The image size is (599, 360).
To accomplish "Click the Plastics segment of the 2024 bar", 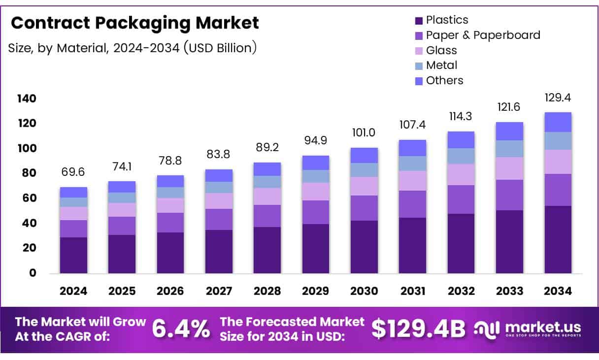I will point(73,255).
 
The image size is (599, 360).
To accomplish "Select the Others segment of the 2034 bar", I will point(558,122).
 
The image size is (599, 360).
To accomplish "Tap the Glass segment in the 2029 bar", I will point(316,192).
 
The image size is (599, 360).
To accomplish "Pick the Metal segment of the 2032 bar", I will point(461,156).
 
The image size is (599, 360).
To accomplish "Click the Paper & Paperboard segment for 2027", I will point(219,219).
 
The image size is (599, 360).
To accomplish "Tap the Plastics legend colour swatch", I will point(419,21).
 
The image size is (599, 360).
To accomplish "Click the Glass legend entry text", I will point(441,50).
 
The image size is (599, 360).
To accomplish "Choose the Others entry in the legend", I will point(444,80).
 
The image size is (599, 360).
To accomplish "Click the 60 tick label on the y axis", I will point(30,198).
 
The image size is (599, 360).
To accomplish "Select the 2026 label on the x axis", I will point(170,291).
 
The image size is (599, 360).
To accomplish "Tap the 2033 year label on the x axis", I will point(509,291).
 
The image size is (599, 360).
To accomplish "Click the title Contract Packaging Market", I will point(134,23).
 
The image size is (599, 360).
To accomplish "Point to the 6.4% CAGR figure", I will point(181,329).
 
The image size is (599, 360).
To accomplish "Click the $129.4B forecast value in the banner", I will point(418,329).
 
